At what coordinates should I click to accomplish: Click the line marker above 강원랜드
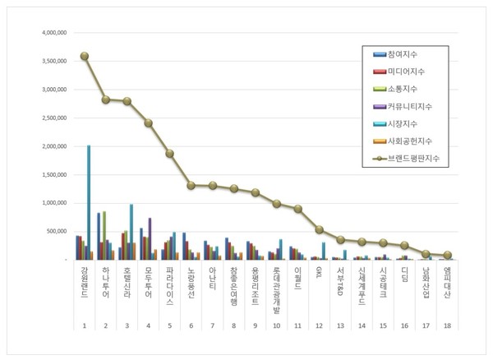[85, 56]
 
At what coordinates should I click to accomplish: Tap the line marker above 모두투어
[149, 123]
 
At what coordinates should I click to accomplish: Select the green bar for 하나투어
[104, 235]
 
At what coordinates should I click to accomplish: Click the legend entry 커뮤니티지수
[415, 106]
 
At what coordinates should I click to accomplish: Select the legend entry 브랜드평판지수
[419, 158]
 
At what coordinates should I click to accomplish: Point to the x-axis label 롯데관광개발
[277, 288]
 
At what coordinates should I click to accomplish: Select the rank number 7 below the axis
[212, 326]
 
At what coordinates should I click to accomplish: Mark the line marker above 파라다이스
[170, 154]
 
